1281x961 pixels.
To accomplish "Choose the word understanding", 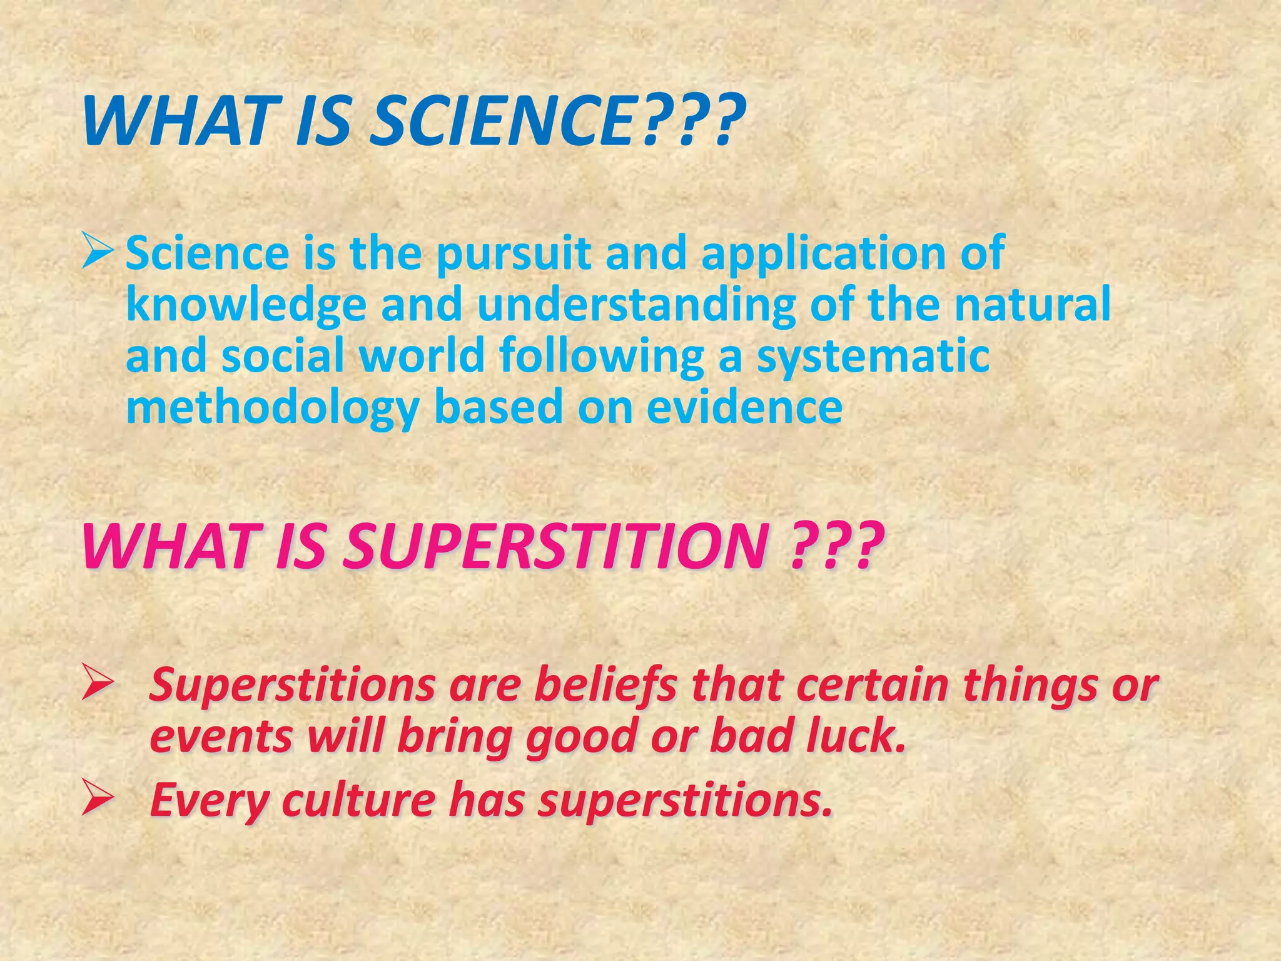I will [x=635, y=305].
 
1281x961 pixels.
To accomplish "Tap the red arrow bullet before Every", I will [x=98, y=799].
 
